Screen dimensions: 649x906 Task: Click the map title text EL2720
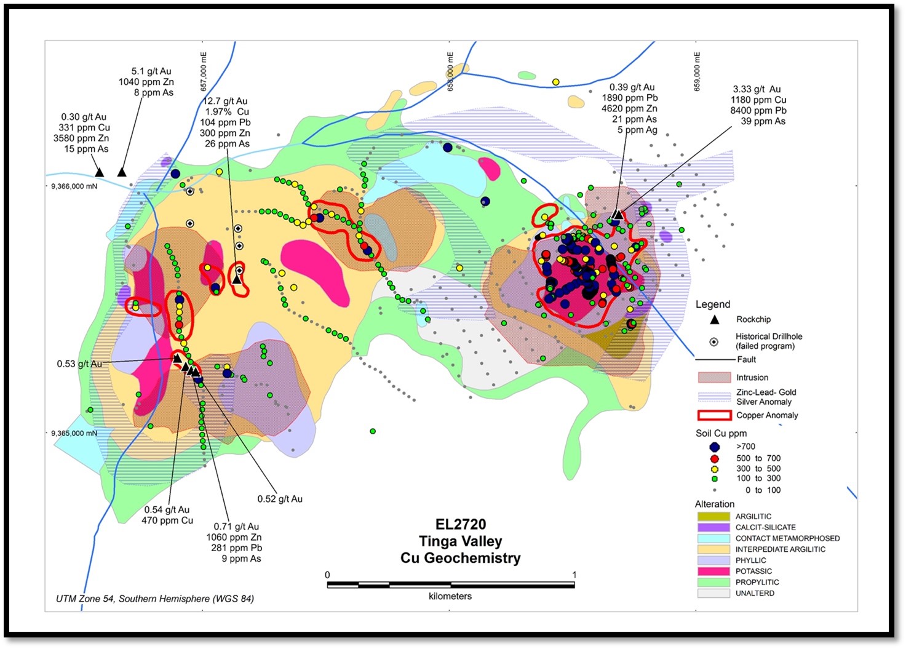(x=460, y=525)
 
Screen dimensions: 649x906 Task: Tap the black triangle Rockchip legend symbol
(x=714, y=319)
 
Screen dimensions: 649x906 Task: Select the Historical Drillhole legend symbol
(x=714, y=341)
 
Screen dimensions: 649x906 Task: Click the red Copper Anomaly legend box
(x=713, y=415)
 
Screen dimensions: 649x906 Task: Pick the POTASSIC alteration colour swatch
(x=713, y=571)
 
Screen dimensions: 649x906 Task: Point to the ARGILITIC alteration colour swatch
(x=713, y=517)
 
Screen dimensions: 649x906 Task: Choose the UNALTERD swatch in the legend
(x=713, y=594)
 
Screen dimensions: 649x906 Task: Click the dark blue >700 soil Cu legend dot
(x=714, y=447)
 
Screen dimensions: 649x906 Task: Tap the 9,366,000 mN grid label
(x=74, y=186)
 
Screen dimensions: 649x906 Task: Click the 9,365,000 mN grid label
(x=74, y=433)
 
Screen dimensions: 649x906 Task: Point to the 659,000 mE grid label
(x=697, y=71)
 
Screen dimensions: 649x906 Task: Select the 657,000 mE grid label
(x=204, y=71)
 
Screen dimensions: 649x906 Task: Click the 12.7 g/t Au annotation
(x=226, y=102)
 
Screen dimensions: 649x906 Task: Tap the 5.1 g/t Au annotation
(x=151, y=71)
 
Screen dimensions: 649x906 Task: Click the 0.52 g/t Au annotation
(x=280, y=499)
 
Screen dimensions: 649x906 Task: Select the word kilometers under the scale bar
(x=450, y=596)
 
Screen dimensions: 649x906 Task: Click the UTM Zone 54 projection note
(x=154, y=599)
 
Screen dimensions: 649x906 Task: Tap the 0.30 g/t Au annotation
(x=84, y=117)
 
